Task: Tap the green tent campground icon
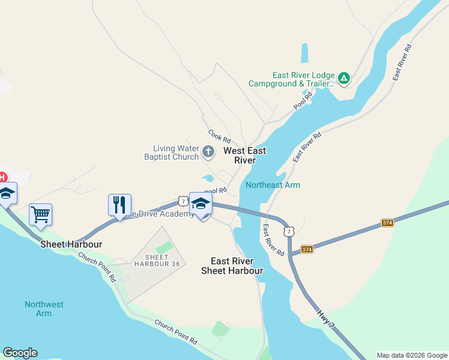tap(343, 78)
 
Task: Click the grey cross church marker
tap(208, 152)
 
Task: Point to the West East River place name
tap(245, 155)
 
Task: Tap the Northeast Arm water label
tap(273, 185)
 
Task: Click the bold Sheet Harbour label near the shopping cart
tap(71, 244)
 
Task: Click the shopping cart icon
tap(40, 214)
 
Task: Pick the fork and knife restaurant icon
tap(119, 205)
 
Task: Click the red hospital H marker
tap(2, 177)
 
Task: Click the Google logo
tap(20, 353)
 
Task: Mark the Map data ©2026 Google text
tap(411, 355)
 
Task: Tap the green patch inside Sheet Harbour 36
tap(163, 247)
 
